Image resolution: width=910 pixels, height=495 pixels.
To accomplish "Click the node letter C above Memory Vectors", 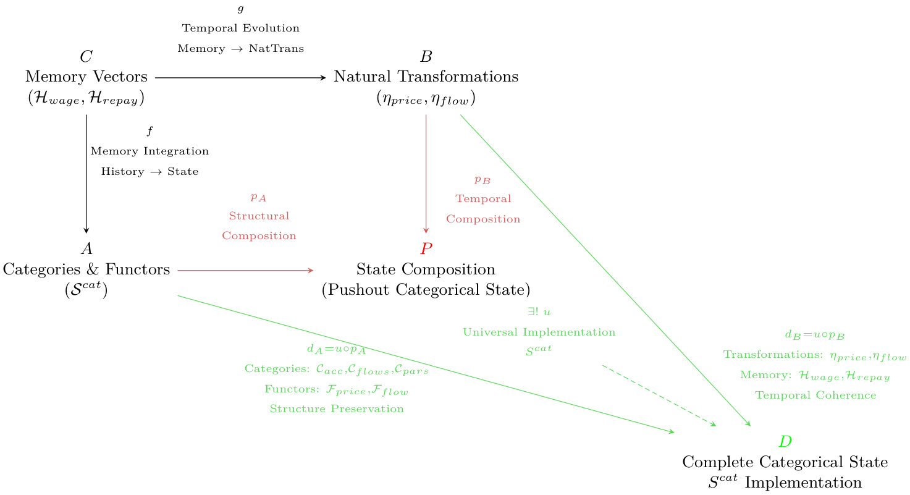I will (x=86, y=57).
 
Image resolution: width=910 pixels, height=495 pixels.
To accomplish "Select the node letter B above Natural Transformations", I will (x=426, y=57).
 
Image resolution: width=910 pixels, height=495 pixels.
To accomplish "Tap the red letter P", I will (x=426, y=249).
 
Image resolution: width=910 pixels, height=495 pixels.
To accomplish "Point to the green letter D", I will (x=785, y=441).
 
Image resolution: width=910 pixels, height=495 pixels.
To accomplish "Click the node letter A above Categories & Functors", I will (x=86, y=249).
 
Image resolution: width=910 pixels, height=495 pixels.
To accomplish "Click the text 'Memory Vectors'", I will (x=86, y=77).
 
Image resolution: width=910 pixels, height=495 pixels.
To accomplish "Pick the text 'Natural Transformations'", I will (x=426, y=77).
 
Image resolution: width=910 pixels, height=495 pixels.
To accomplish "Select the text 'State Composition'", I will (x=426, y=269).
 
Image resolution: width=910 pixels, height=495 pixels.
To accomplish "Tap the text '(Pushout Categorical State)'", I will (x=426, y=290).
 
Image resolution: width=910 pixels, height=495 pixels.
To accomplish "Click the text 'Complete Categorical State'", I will (x=785, y=462).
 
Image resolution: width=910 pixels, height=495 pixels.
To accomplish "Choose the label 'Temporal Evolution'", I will (x=240, y=28).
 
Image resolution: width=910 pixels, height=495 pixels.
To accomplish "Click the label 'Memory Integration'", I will (x=150, y=151).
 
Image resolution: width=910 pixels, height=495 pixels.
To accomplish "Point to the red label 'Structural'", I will (x=259, y=216).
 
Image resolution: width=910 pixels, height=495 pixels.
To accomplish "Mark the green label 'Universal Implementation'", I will (x=539, y=332).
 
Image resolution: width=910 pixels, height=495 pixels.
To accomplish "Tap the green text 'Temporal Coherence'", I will (x=815, y=396).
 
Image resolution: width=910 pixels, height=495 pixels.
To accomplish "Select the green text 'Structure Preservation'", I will (x=337, y=409).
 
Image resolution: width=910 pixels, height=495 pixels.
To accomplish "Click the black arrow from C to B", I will (x=240, y=78).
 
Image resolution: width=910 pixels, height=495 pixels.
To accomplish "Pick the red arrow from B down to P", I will (x=426, y=173).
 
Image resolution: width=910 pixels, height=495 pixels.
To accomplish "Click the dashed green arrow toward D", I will (x=659, y=396).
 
